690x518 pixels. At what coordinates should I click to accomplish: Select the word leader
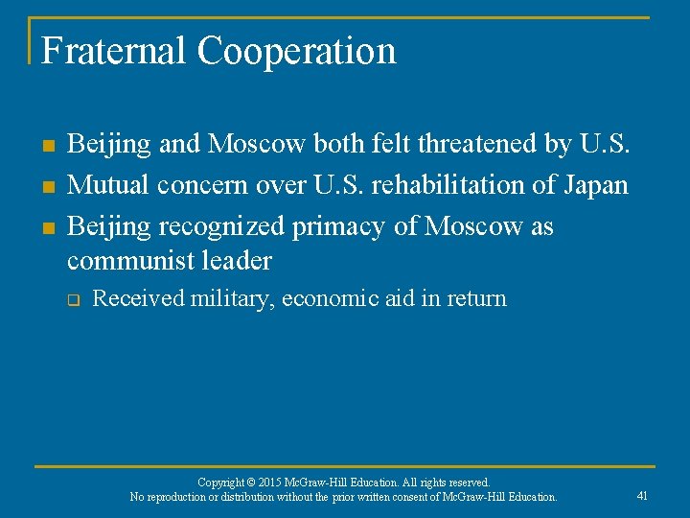click(241, 260)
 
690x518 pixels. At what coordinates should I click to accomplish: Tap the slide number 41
click(642, 496)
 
